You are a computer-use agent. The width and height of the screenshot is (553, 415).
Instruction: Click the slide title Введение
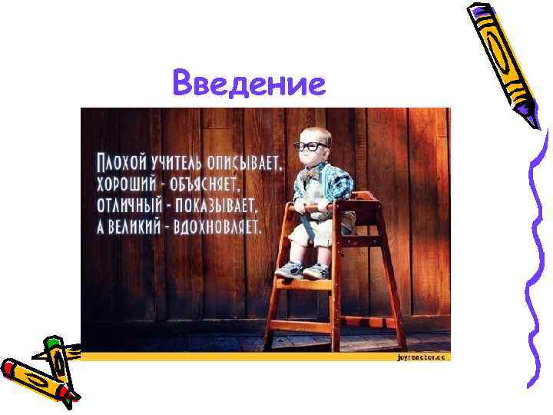249,84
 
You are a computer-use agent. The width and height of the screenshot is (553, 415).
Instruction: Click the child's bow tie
311,175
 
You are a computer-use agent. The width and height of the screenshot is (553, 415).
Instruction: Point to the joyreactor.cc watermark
422,357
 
